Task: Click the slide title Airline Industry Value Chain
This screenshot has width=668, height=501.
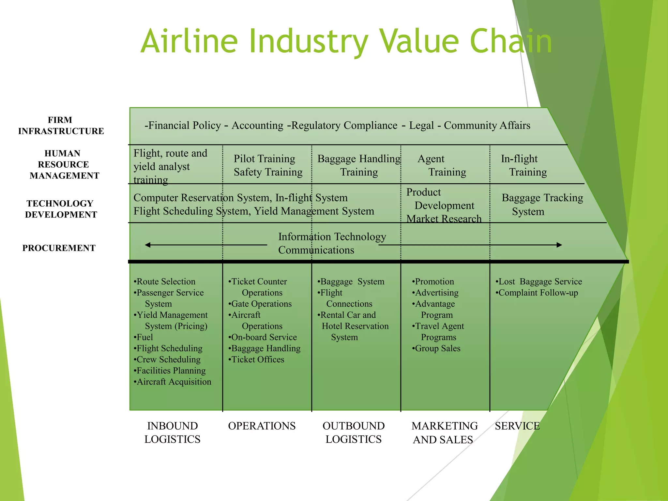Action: (x=346, y=41)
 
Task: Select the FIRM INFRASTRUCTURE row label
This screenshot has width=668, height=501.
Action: (x=61, y=126)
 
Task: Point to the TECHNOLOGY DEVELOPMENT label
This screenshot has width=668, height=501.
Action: (x=61, y=209)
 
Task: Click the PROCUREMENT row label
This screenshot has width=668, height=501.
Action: (x=59, y=248)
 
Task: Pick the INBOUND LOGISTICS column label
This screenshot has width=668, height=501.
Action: (x=172, y=433)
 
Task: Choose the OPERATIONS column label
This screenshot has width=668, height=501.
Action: (x=262, y=426)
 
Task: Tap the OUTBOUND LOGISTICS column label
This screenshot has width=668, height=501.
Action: (x=354, y=433)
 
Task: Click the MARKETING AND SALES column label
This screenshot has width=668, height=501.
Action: (x=444, y=433)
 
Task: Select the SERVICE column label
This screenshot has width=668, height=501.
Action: (x=517, y=426)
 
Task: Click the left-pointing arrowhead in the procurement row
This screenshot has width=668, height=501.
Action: (x=148, y=245)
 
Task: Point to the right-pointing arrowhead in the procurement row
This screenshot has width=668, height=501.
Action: (x=559, y=245)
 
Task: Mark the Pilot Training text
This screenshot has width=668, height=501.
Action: (x=264, y=159)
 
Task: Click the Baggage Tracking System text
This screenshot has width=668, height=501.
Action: (x=542, y=205)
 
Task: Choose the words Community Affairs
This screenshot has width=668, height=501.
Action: (x=487, y=126)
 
